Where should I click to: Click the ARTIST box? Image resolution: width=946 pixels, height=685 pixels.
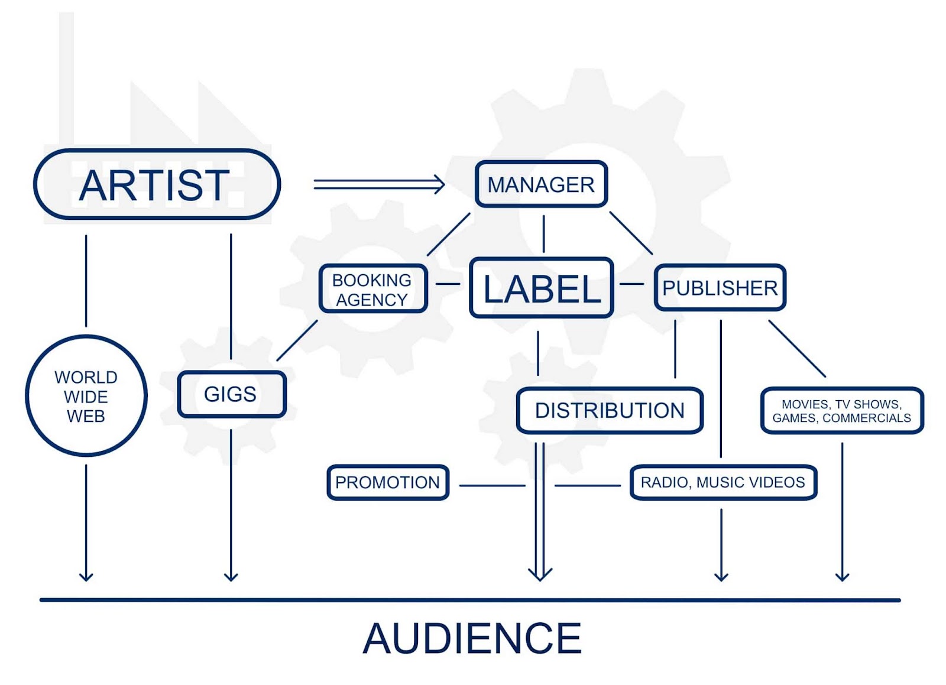[x=157, y=184]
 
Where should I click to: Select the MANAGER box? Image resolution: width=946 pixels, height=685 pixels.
[x=541, y=184]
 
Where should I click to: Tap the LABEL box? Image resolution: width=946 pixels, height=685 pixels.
[x=542, y=288]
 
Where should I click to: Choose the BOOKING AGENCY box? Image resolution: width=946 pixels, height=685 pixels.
[x=372, y=289]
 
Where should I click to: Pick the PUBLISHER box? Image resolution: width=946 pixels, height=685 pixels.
[x=720, y=288]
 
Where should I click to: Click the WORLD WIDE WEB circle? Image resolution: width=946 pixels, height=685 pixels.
[x=86, y=396]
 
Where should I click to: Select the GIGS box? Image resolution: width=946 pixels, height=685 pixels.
[x=231, y=394]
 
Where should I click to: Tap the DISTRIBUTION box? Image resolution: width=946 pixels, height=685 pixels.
[x=610, y=410]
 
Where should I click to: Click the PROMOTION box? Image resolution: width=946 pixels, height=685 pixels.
[x=388, y=482]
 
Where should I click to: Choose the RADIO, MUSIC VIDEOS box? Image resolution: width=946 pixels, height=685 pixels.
[x=723, y=482]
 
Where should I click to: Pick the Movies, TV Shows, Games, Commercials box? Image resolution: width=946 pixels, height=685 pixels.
[x=841, y=411]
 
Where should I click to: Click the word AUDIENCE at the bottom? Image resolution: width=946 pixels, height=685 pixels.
[x=472, y=638]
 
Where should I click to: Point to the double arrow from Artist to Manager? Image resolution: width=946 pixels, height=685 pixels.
[x=378, y=184]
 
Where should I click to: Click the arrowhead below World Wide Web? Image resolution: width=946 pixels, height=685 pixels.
[x=86, y=576]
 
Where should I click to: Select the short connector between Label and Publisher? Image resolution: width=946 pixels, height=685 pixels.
[x=632, y=284]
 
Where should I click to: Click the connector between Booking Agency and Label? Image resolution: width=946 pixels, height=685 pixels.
[x=448, y=284]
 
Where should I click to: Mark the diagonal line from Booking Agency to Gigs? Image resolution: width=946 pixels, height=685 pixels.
[x=297, y=340]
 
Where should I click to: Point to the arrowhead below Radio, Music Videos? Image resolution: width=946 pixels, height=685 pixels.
[x=721, y=576]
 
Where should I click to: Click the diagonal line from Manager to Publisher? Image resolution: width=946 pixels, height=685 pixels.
[x=631, y=233]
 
